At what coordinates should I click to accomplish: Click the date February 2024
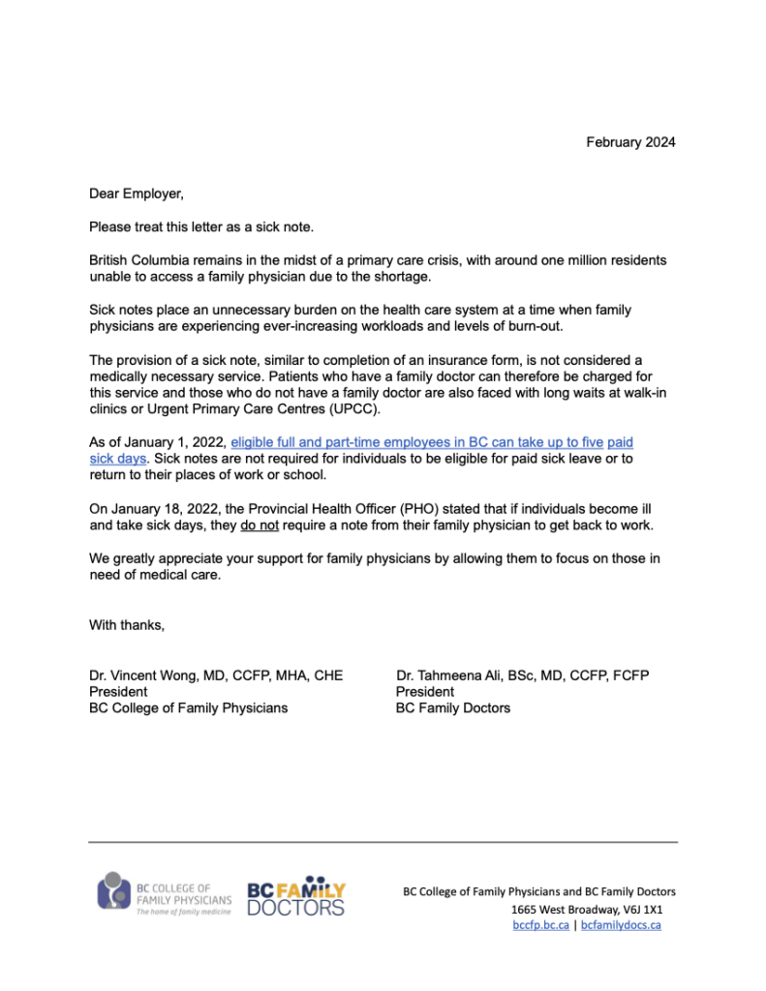coord(630,142)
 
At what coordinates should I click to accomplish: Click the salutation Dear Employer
coord(136,194)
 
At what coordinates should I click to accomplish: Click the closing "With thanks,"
coord(127,625)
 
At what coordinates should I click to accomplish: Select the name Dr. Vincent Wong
coord(151,676)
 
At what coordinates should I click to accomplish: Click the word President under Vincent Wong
coord(118,692)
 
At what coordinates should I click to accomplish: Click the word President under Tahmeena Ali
coord(424,692)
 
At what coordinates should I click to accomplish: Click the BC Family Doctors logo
coord(296,897)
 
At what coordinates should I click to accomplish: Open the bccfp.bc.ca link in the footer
coord(540,924)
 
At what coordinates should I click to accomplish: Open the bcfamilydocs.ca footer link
coord(621,924)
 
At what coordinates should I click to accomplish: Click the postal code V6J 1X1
coord(641,909)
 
